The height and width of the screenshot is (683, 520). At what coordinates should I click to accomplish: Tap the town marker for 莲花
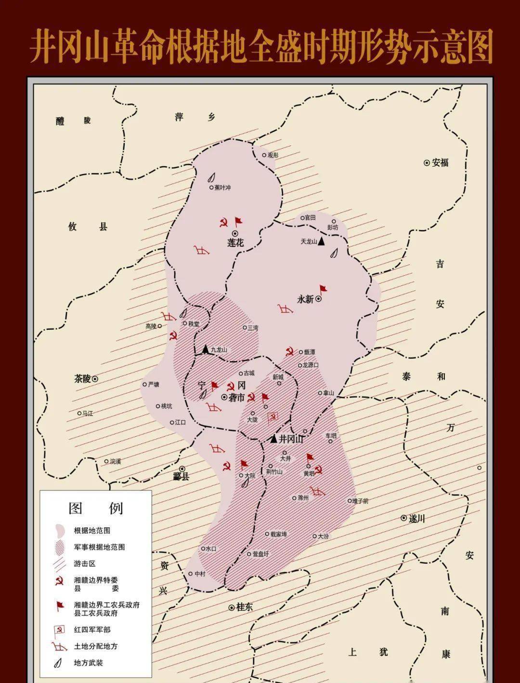pos(235,234)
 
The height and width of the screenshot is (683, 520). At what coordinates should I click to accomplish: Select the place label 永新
pos(305,299)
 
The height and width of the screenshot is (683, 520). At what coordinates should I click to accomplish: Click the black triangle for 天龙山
pos(321,241)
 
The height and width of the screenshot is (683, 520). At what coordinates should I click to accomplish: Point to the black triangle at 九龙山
pos(206,349)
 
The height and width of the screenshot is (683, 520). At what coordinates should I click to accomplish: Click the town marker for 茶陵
pos(95,379)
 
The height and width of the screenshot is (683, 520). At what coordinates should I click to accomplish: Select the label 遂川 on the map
pos(417,519)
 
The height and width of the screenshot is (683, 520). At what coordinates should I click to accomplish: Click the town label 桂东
pos(244,607)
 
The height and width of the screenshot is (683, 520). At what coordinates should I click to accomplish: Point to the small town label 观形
pos(273,155)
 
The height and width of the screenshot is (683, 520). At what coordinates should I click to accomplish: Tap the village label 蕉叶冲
pos(222,187)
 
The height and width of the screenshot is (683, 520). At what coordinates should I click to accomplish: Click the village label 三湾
pos(253,328)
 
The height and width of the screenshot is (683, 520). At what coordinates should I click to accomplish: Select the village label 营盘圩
pos(260,554)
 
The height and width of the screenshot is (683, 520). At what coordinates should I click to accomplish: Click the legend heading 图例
pos(96,508)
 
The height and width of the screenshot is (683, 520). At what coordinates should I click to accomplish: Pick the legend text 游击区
pos(85,563)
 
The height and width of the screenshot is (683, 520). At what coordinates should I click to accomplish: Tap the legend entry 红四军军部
pos(92,629)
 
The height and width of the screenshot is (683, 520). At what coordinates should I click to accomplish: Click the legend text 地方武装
pos(88,663)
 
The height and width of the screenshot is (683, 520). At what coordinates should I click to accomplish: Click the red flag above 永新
pos(323,289)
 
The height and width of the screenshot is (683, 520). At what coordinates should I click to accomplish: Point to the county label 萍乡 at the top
pos(195,117)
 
